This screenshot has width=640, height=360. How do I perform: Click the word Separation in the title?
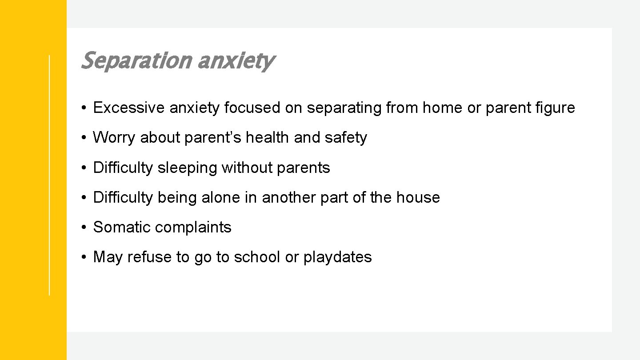[136, 61]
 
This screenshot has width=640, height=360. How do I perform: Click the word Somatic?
[120, 227]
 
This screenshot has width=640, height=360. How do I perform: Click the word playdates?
[337, 257]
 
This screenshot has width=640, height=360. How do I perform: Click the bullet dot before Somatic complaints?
[84, 228]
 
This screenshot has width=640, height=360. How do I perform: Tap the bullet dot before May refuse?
[84, 257]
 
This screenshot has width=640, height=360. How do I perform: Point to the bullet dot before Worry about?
[84, 138]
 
